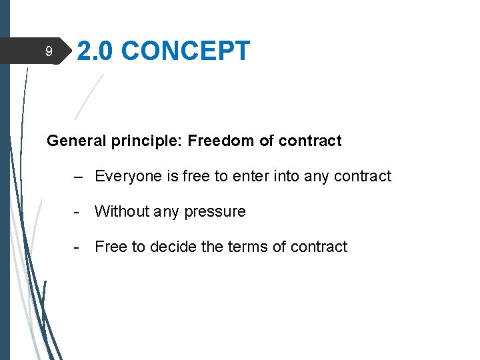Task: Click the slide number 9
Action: click(48, 51)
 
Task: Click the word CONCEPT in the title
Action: click(186, 51)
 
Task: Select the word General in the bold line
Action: click(72, 141)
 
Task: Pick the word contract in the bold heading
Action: click(310, 141)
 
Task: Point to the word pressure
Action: click(215, 212)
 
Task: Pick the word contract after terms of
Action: click(319, 247)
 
